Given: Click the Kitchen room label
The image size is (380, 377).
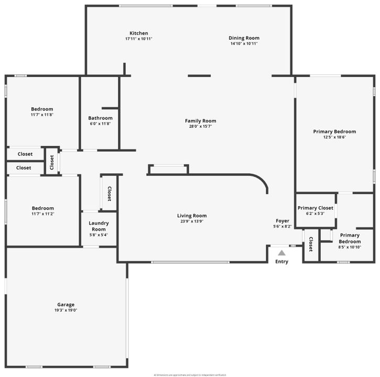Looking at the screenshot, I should (139, 33).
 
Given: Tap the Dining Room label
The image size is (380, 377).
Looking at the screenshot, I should (244, 38).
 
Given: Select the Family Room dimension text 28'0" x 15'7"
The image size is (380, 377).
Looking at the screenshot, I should (200, 126).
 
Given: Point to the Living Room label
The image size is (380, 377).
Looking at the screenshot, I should (192, 216).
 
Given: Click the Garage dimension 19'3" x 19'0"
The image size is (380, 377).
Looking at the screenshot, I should (66, 310).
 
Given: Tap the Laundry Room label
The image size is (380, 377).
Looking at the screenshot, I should (99, 226).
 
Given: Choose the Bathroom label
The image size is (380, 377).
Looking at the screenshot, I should (100, 118).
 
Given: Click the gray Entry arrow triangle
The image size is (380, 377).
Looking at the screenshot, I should (281, 253).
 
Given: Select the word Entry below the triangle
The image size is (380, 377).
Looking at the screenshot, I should (281, 262).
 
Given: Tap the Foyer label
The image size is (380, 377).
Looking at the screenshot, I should (282, 221).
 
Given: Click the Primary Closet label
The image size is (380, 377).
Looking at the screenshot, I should (316, 208).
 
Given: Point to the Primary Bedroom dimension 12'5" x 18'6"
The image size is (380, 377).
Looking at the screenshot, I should (334, 137).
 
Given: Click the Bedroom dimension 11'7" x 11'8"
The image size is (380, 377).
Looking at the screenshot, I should (42, 115).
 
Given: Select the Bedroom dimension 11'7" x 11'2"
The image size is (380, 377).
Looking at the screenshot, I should (42, 214).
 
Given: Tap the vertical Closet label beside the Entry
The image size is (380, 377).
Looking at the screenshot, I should (311, 245).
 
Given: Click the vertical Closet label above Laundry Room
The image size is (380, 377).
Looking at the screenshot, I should (109, 194).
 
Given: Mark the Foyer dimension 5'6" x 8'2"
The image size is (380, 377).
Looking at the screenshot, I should (282, 227).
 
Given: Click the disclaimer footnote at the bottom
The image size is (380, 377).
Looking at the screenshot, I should (190, 375).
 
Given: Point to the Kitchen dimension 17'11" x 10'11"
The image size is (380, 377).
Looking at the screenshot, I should (139, 39).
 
